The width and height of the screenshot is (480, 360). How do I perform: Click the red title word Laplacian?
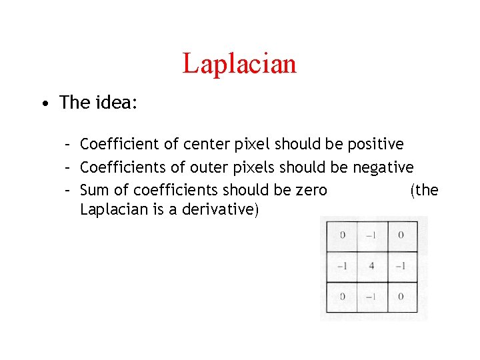tap(239, 64)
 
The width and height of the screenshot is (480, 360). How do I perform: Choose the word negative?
tap(383, 167)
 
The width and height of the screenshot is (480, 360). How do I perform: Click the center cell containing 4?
tap(372, 266)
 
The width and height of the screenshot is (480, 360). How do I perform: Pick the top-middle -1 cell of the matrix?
tap(372, 235)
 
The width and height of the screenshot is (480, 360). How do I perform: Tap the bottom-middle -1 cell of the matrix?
tap(372, 297)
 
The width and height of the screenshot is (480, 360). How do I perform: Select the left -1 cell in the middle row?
tap(342, 266)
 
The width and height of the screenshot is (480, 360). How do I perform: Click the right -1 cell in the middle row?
tap(402, 266)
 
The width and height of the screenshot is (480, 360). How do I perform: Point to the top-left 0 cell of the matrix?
tap(342, 235)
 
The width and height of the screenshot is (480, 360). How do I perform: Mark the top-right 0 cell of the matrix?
tap(402, 235)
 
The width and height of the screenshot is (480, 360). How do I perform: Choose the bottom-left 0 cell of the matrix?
tap(342, 297)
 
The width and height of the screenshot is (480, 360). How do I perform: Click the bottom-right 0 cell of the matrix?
tap(402, 297)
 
